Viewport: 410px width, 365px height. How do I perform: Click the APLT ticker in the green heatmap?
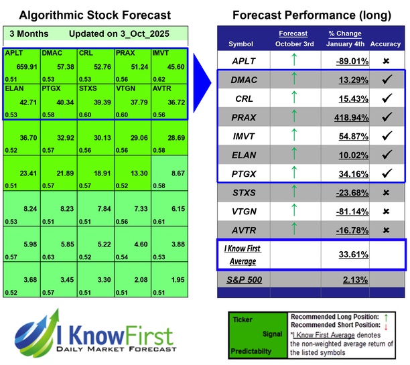13,52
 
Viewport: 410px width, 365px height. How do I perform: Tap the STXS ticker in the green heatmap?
88,88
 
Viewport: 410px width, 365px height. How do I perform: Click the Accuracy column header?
386,44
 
